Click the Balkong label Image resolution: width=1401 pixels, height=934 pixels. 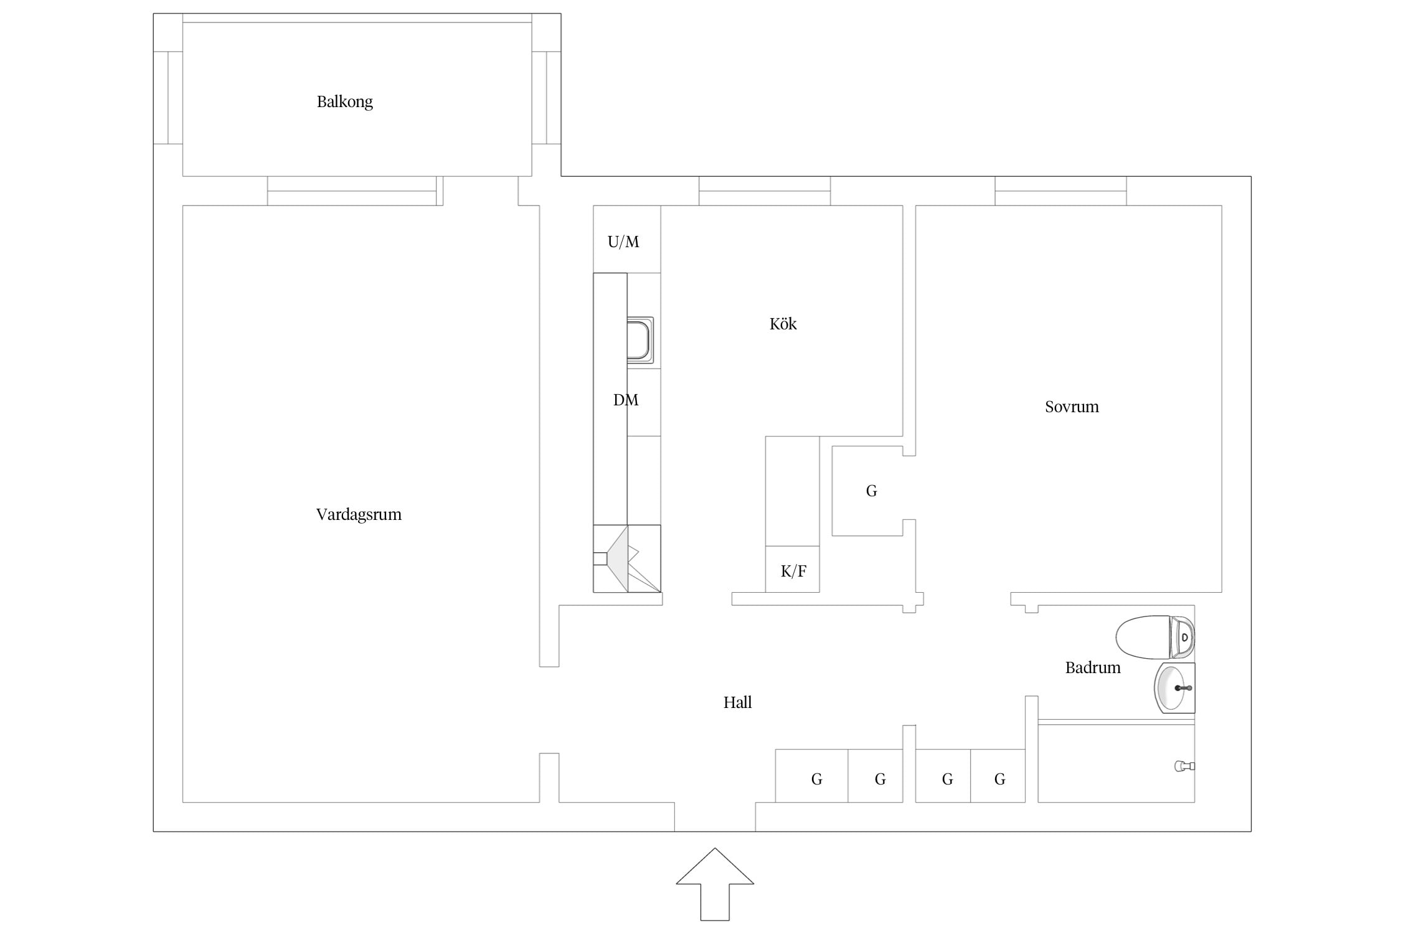344,101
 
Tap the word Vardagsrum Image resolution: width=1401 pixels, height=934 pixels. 359,514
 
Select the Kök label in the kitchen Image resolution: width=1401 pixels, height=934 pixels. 783,324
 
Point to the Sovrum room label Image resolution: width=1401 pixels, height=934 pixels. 1072,407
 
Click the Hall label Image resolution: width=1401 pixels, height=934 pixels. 737,702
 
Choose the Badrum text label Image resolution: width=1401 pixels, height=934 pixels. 1093,667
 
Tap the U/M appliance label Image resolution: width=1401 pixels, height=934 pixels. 623,242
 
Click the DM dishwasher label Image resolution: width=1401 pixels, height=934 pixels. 626,400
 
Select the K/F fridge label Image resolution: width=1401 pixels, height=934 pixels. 793,571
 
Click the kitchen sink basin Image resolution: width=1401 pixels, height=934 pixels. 639,340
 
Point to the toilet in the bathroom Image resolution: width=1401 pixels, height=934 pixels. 1155,637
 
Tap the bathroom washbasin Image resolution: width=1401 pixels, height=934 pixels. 1174,687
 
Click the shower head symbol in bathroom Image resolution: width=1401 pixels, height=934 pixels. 1184,766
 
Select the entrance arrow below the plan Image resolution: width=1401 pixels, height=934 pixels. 715,884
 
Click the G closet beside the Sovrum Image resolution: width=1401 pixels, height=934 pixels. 867,491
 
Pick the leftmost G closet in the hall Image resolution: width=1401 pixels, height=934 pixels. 811,776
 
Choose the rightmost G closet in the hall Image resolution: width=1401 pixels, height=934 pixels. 998,776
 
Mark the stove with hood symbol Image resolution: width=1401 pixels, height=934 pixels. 626,559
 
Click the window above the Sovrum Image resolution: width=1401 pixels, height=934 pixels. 1060,191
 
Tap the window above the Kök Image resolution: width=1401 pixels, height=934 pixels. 765,191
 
